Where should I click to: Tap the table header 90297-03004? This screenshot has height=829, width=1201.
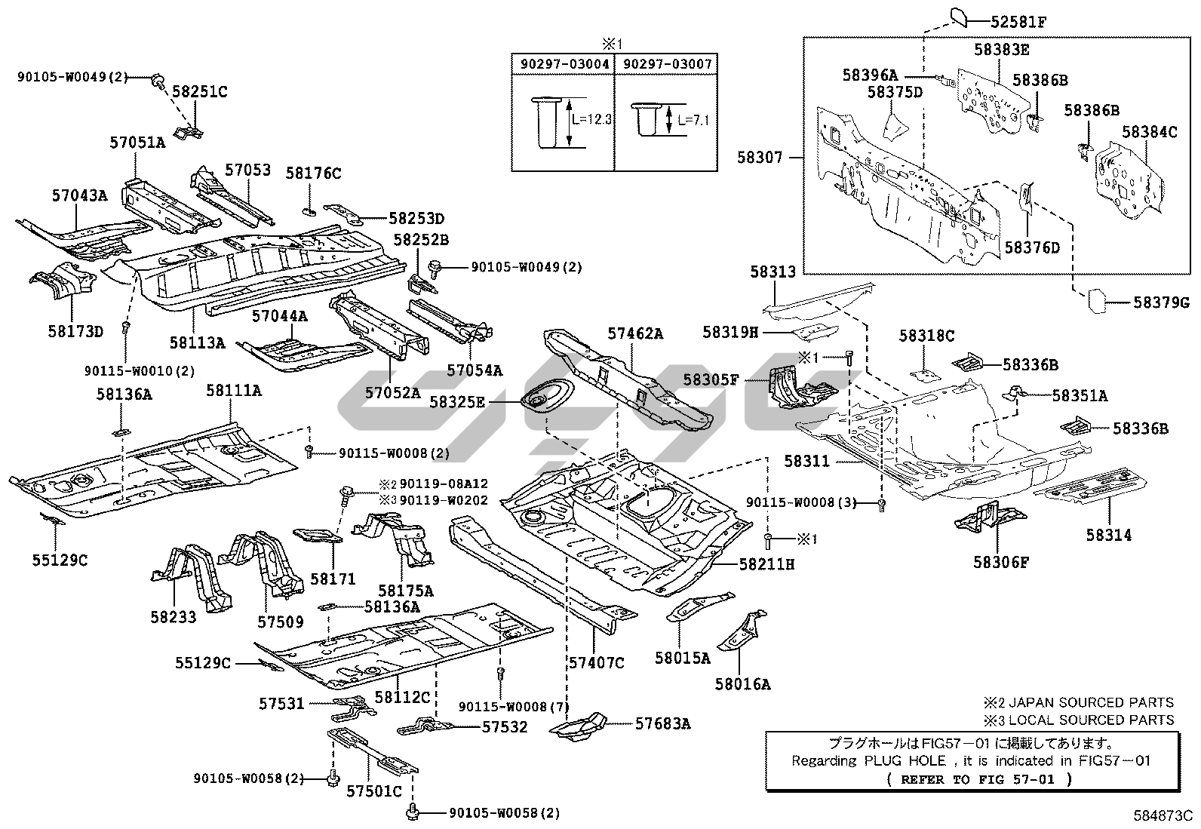pyautogui.click(x=564, y=64)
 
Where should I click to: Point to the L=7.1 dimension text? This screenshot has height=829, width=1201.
pyautogui.click(x=693, y=120)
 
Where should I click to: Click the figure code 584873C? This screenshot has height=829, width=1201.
pyautogui.click(x=1162, y=815)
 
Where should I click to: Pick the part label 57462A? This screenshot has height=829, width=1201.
pyautogui.click(x=635, y=333)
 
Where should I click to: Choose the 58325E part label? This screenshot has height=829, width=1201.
pyautogui.click(x=457, y=402)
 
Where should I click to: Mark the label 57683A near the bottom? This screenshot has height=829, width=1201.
pyautogui.click(x=662, y=723)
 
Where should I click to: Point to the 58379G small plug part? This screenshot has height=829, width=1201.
pyautogui.click(x=1097, y=300)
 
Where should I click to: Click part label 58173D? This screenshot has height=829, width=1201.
pyautogui.click(x=75, y=330)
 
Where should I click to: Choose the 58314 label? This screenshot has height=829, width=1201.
pyautogui.click(x=1109, y=535)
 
